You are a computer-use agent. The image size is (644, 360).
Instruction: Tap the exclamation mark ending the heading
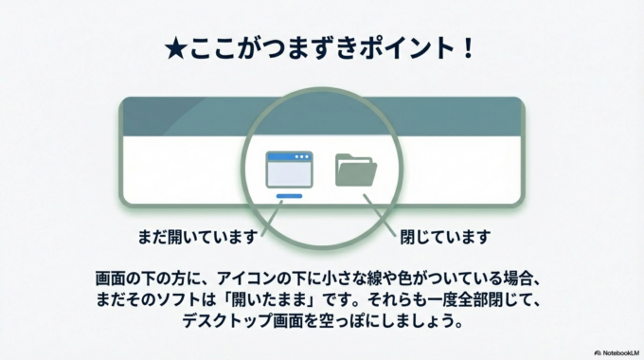pyautogui.click(x=467, y=50)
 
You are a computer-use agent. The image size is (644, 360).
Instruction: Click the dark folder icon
pyautogui.click(x=356, y=171)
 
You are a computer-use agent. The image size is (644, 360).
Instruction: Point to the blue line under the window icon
pyautogui.click(x=290, y=197)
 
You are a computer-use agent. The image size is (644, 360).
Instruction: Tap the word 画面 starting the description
pyautogui.click(x=110, y=280)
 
